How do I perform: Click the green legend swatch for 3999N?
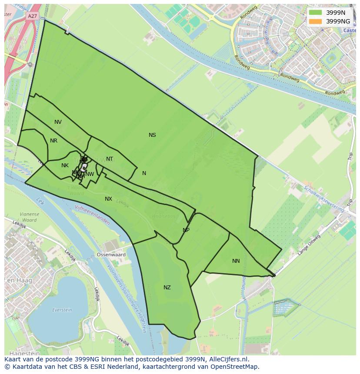(x=315, y=13)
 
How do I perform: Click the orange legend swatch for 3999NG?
(x=315, y=21)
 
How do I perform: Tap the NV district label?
(x=58, y=122)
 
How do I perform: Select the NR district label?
(x=53, y=141)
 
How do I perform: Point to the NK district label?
(x=65, y=165)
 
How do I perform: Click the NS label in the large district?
(x=152, y=135)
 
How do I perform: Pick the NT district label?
(x=110, y=159)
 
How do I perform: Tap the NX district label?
(x=108, y=199)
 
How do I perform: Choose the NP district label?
(x=186, y=230)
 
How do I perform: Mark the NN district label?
(x=236, y=261)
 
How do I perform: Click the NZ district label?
(x=167, y=288)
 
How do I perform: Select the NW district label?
(x=90, y=174)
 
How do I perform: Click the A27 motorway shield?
(x=32, y=16)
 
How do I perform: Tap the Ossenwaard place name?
(x=111, y=255)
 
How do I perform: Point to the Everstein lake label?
(x=62, y=310)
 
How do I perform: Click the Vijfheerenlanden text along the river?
(x=93, y=215)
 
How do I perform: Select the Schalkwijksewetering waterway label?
(x=323, y=199)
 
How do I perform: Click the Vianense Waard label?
(x=29, y=217)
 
